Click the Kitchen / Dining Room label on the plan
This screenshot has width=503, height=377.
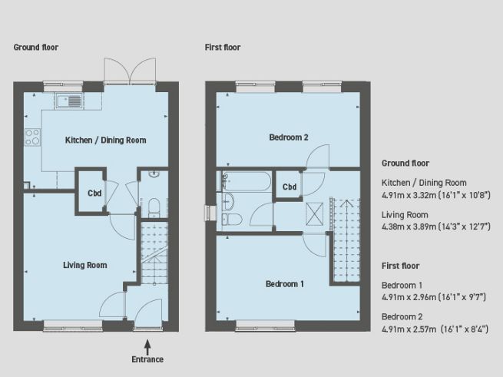click(105, 140)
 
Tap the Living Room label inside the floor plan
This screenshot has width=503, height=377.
click(84, 265)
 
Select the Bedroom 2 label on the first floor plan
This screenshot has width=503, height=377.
click(288, 137)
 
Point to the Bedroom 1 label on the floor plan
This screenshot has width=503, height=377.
click(285, 284)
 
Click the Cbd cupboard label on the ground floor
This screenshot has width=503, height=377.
click(94, 192)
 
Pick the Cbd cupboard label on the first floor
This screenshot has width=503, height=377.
click(290, 187)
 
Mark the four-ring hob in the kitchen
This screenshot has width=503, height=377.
click(33, 137)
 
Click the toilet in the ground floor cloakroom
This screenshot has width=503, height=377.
click(153, 206)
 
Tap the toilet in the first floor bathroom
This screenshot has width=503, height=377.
click(233, 220)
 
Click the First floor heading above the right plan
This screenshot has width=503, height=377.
click(223, 48)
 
